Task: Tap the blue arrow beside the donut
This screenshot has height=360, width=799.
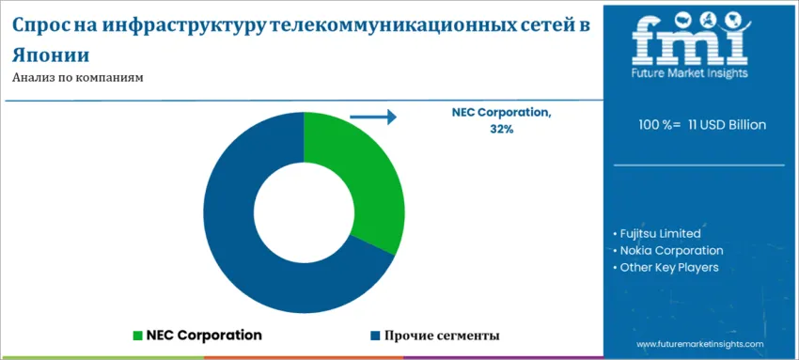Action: click(373, 117)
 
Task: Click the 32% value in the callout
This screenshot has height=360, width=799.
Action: click(501, 129)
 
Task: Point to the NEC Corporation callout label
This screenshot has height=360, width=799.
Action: click(501, 112)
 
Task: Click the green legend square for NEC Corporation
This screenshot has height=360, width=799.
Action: click(138, 335)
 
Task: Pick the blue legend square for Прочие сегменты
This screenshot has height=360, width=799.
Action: click(375, 335)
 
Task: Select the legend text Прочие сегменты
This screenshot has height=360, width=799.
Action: click(441, 335)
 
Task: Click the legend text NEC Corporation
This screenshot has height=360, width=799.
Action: click(204, 335)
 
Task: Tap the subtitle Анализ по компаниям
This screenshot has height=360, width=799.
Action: click(78, 78)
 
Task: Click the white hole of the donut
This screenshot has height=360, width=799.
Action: click(304, 211)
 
